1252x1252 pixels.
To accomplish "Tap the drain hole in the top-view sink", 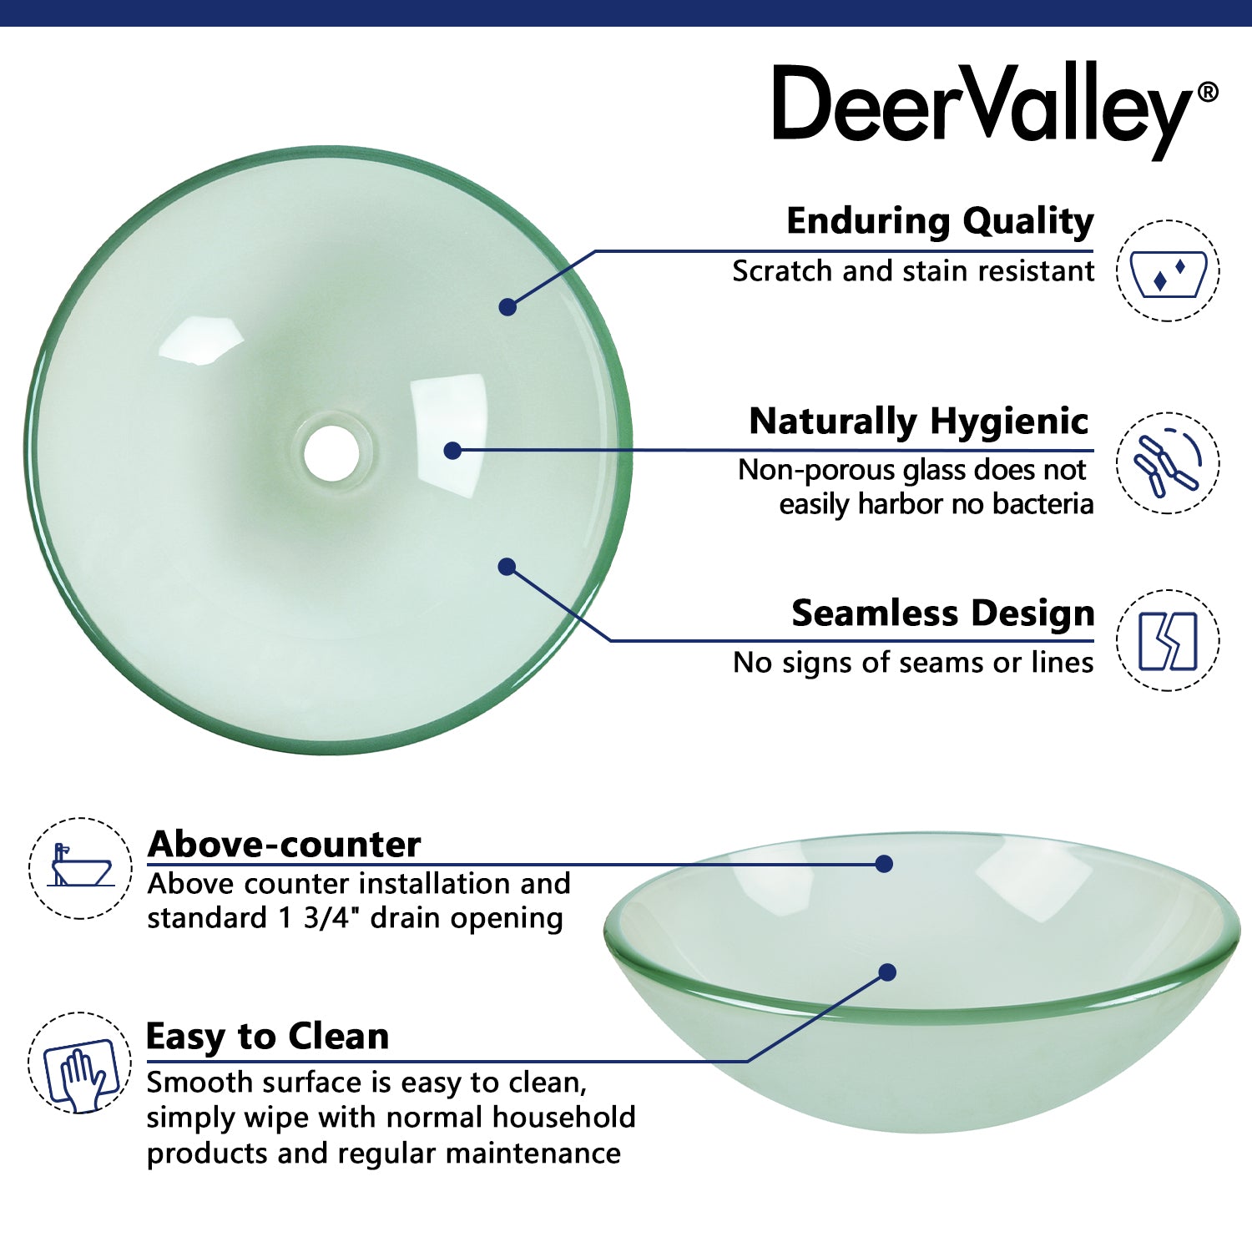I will click(331, 453).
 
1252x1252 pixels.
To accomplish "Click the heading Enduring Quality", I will click(940, 221).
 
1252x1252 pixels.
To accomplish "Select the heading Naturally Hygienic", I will click(918, 421).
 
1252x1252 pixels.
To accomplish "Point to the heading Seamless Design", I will click(942, 613).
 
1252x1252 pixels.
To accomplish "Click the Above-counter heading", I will click(284, 844).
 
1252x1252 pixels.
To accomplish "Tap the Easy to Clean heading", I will click(267, 1036).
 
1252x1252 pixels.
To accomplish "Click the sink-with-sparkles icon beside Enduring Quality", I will click(1168, 271).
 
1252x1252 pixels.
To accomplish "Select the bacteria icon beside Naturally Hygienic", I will click(1168, 463).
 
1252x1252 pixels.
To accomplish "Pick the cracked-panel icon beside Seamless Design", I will click(1168, 641).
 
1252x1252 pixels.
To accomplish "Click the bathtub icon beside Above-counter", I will click(80, 868).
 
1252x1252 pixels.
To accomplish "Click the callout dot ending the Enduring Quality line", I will click(507, 307).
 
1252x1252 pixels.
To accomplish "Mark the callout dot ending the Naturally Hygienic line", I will click(452, 451).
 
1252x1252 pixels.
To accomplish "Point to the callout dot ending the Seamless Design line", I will click(507, 567).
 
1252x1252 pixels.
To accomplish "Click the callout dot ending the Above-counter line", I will click(885, 864).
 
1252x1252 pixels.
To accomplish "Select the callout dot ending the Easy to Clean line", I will click(887, 972).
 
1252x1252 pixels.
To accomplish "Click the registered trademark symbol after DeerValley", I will click(1208, 92).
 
